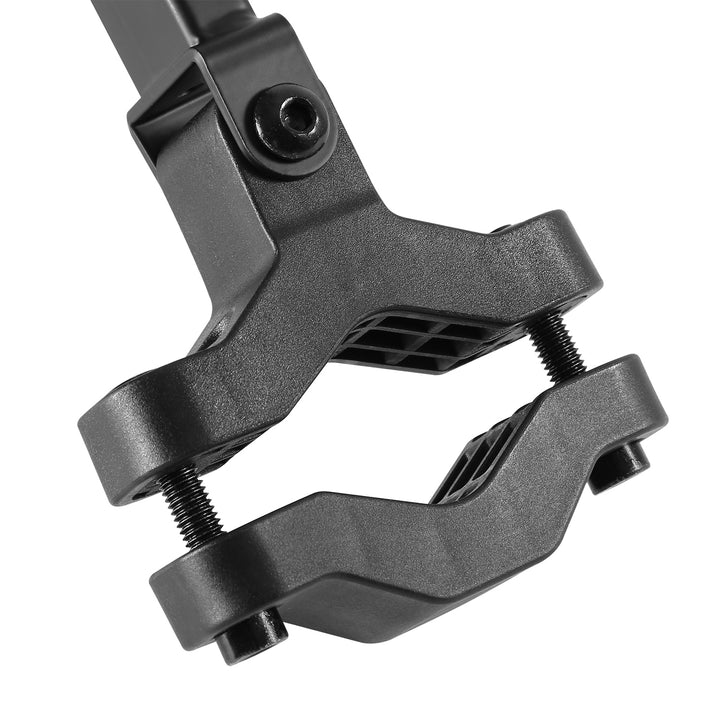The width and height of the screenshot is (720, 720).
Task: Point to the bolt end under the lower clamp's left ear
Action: tap(249, 636)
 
